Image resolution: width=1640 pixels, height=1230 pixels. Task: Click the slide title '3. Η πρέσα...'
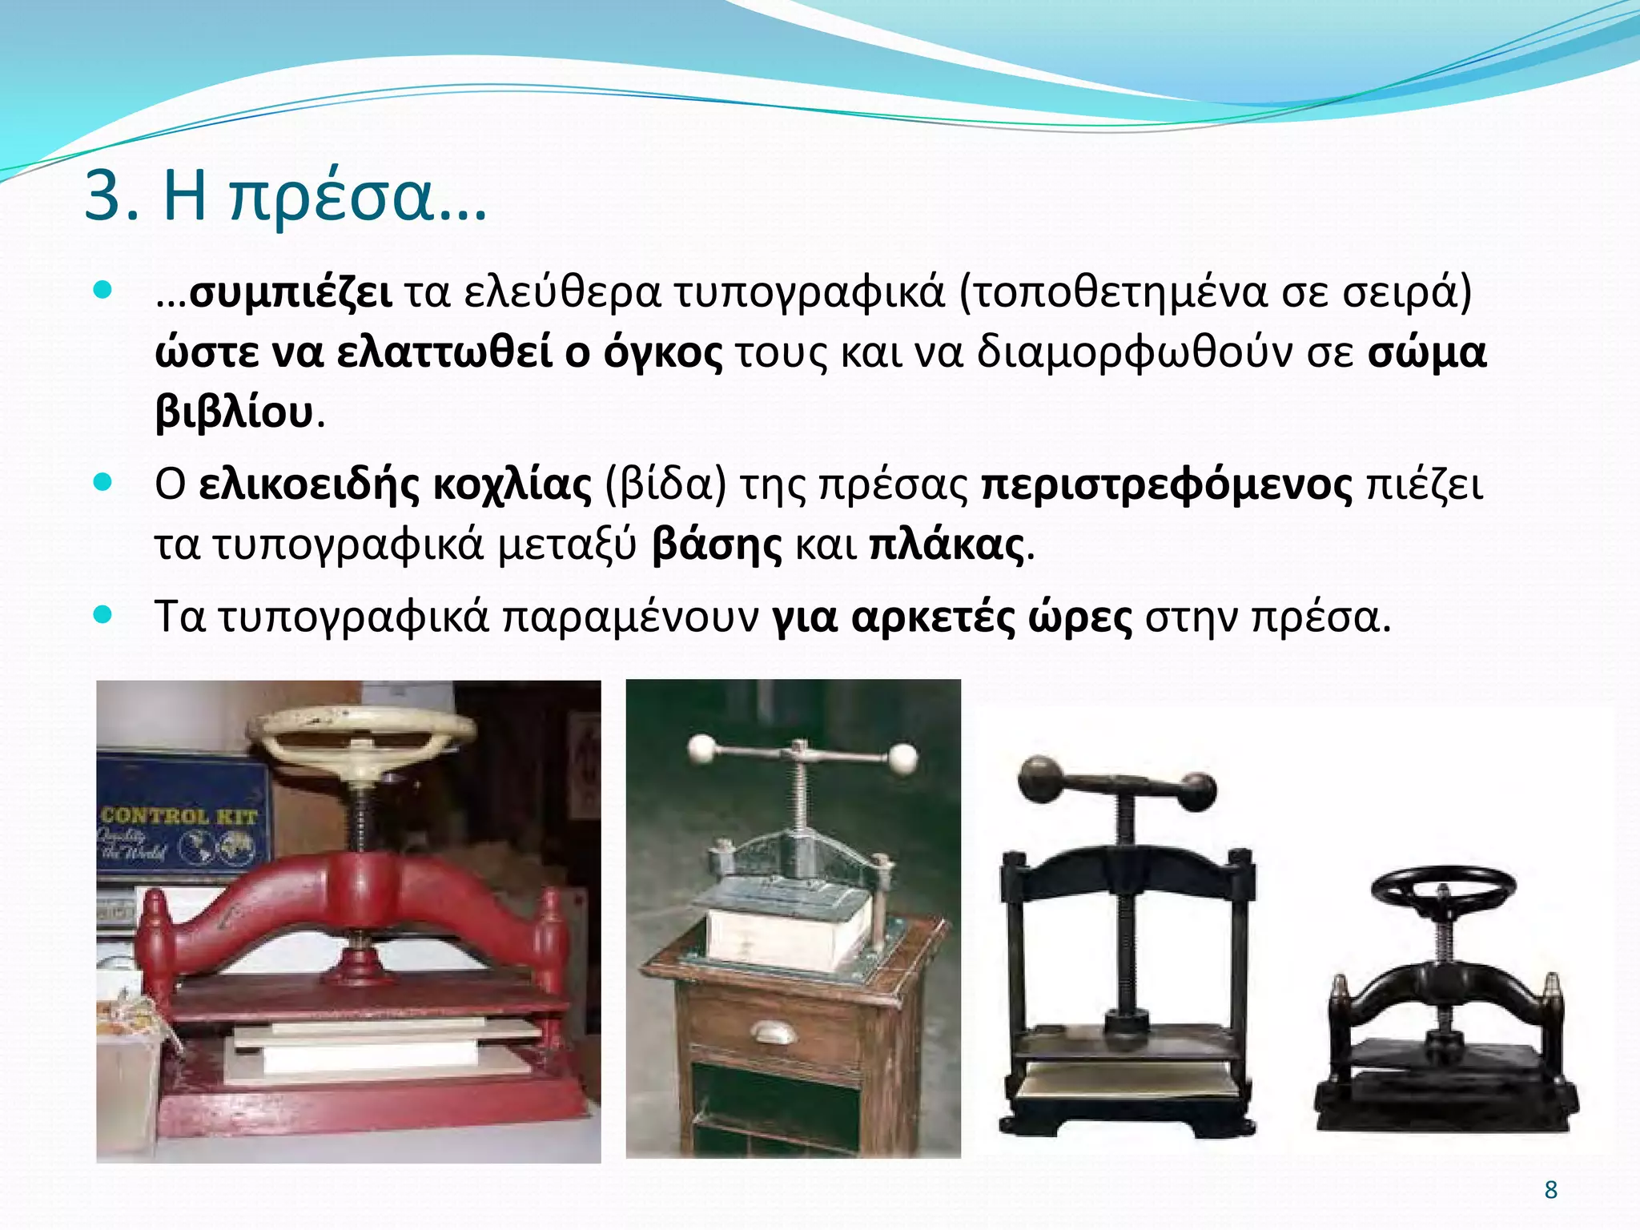click(x=285, y=197)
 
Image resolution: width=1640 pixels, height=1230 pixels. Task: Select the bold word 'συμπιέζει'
click(x=290, y=293)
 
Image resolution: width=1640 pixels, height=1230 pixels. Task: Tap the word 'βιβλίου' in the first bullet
click(x=234, y=413)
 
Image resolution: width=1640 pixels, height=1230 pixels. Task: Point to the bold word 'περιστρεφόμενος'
click(x=1167, y=485)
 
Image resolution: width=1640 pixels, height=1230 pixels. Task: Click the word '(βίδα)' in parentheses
click(x=665, y=485)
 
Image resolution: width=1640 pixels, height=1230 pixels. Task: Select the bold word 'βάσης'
click(x=717, y=546)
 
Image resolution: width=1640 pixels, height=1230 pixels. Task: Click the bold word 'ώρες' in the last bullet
click(x=1080, y=617)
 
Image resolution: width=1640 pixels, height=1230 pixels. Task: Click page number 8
click(x=1550, y=1190)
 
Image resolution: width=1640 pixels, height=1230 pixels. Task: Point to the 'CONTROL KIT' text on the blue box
click(x=179, y=816)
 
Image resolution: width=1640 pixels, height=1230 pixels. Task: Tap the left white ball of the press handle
click(x=701, y=750)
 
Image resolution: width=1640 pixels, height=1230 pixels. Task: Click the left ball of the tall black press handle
click(x=1038, y=777)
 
